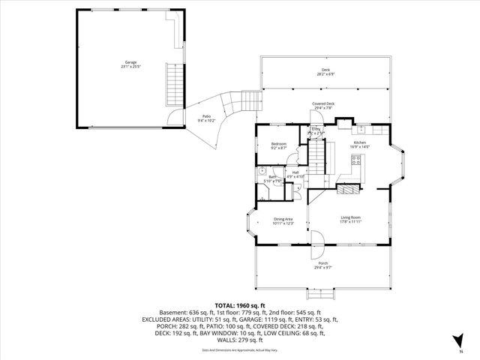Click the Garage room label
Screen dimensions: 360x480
click(130, 62)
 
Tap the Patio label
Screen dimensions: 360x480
click(205, 116)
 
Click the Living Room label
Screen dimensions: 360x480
click(351, 217)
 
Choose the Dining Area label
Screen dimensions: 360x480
click(283, 219)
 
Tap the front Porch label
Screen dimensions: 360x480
click(323, 263)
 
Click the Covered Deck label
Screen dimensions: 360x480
click(323, 104)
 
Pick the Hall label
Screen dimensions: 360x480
click(295, 172)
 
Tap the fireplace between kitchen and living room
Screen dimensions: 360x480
click(349, 189)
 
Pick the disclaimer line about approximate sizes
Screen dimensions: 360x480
click(240, 350)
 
